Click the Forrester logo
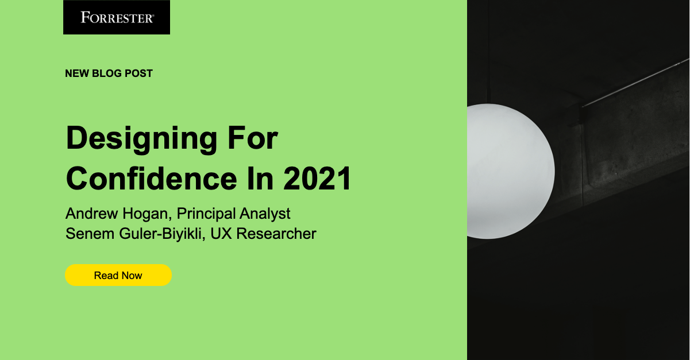(117, 17)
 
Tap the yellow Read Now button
(118, 276)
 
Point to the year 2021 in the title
(317, 179)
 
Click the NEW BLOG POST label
(109, 73)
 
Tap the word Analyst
(265, 214)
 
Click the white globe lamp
(509, 171)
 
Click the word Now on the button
(132, 276)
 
